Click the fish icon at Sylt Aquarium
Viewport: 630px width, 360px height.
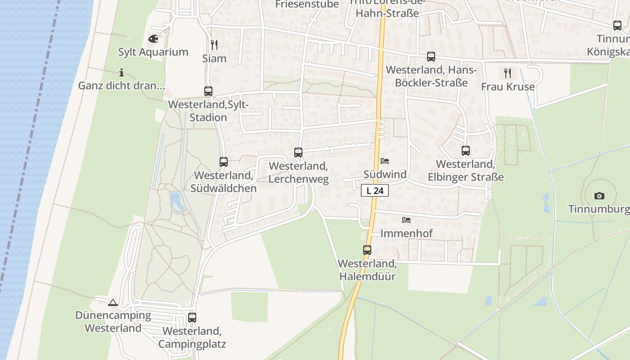[x=153, y=39]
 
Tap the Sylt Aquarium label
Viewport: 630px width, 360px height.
[x=153, y=52]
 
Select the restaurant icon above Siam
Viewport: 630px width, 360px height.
[x=214, y=45]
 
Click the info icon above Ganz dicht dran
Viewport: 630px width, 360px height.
[x=121, y=72]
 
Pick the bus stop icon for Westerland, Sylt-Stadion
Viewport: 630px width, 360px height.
[x=208, y=91]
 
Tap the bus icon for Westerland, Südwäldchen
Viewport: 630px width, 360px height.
[x=223, y=162]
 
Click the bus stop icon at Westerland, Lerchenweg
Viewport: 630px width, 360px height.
[x=298, y=153]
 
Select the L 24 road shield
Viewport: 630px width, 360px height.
[x=374, y=190]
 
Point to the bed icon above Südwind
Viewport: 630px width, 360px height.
[x=385, y=161]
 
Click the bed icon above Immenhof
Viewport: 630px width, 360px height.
[x=406, y=220]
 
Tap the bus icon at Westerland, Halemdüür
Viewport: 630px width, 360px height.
[x=367, y=250]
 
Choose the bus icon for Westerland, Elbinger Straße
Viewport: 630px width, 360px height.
[x=465, y=151]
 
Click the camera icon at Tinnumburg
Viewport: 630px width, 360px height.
[x=599, y=196]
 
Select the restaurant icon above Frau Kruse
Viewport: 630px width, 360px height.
[x=508, y=73]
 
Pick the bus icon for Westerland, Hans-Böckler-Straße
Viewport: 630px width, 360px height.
[x=431, y=57]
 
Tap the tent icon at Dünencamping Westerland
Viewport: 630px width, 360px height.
[x=112, y=302]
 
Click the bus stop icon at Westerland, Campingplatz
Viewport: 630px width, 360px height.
[x=192, y=318]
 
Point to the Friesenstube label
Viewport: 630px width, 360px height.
[x=307, y=4]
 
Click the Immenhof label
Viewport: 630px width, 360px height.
[x=406, y=233]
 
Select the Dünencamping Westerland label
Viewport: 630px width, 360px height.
[x=113, y=321]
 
